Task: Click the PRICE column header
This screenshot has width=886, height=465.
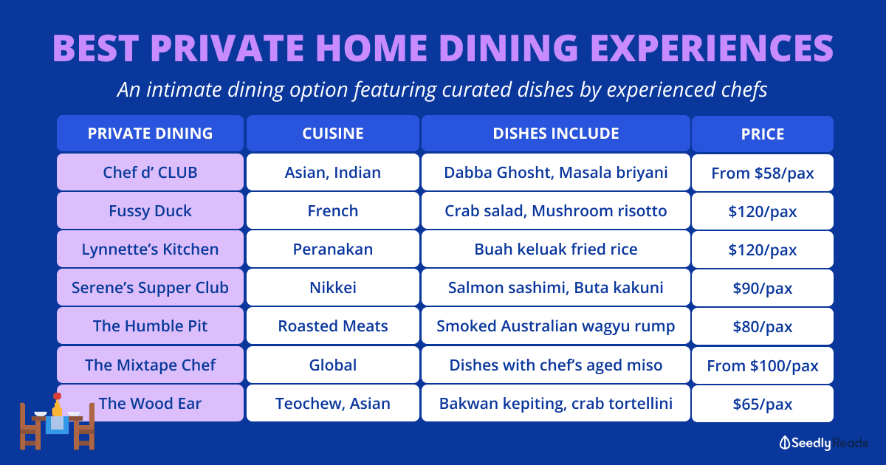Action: [x=762, y=134]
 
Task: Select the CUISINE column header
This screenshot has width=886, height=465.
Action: [x=333, y=134]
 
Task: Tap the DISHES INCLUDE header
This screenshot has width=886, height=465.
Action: [x=556, y=134]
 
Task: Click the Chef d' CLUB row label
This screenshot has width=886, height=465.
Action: [x=151, y=173]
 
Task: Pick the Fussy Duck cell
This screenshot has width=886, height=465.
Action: [x=151, y=211]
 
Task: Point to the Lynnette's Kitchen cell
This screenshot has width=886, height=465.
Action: [x=151, y=249]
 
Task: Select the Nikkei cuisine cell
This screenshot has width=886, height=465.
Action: [x=333, y=287]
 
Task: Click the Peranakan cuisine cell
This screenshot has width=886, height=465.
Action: [x=333, y=249]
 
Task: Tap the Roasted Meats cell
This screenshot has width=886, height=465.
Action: [x=333, y=325]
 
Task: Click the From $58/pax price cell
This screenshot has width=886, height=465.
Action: [x=762, y=173]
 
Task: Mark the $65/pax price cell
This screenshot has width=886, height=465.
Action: [x=762, y=404]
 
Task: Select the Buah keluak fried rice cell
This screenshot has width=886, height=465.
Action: [x=556, y=249]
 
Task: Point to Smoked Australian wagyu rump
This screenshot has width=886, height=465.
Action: [x=556, y=325]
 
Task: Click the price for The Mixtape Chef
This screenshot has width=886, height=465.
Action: [x=762, y=366]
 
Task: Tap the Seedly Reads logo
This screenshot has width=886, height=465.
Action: [x=823, y=443]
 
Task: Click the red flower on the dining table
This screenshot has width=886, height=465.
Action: [x=58, y=396]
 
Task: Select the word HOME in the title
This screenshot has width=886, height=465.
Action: [x=371, y=48]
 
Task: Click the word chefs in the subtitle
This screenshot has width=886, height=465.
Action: [x=744, y=89]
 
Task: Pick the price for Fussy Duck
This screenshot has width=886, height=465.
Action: [x=762, y=212]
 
